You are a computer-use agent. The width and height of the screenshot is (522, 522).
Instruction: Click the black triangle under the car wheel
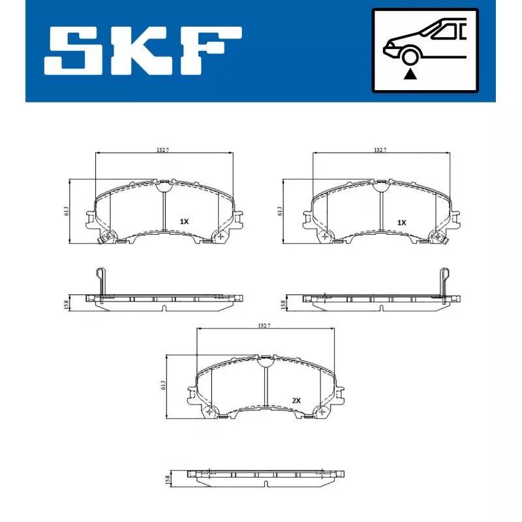point(409,74)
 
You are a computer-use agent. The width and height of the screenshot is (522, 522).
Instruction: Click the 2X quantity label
point(296,400)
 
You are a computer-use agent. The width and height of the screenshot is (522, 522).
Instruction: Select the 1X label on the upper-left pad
point(184,222)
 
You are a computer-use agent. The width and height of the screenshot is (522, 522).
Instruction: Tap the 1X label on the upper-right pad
point(401,223)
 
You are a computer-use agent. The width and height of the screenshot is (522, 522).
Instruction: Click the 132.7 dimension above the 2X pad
point(263,325)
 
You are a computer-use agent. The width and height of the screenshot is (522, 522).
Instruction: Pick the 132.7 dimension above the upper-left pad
point(162,150)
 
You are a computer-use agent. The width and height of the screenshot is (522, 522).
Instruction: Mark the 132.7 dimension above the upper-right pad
point(380,150)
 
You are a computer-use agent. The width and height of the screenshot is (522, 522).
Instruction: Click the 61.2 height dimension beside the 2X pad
point(163,386)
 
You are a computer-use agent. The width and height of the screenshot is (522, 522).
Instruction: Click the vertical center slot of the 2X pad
point(264,386)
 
